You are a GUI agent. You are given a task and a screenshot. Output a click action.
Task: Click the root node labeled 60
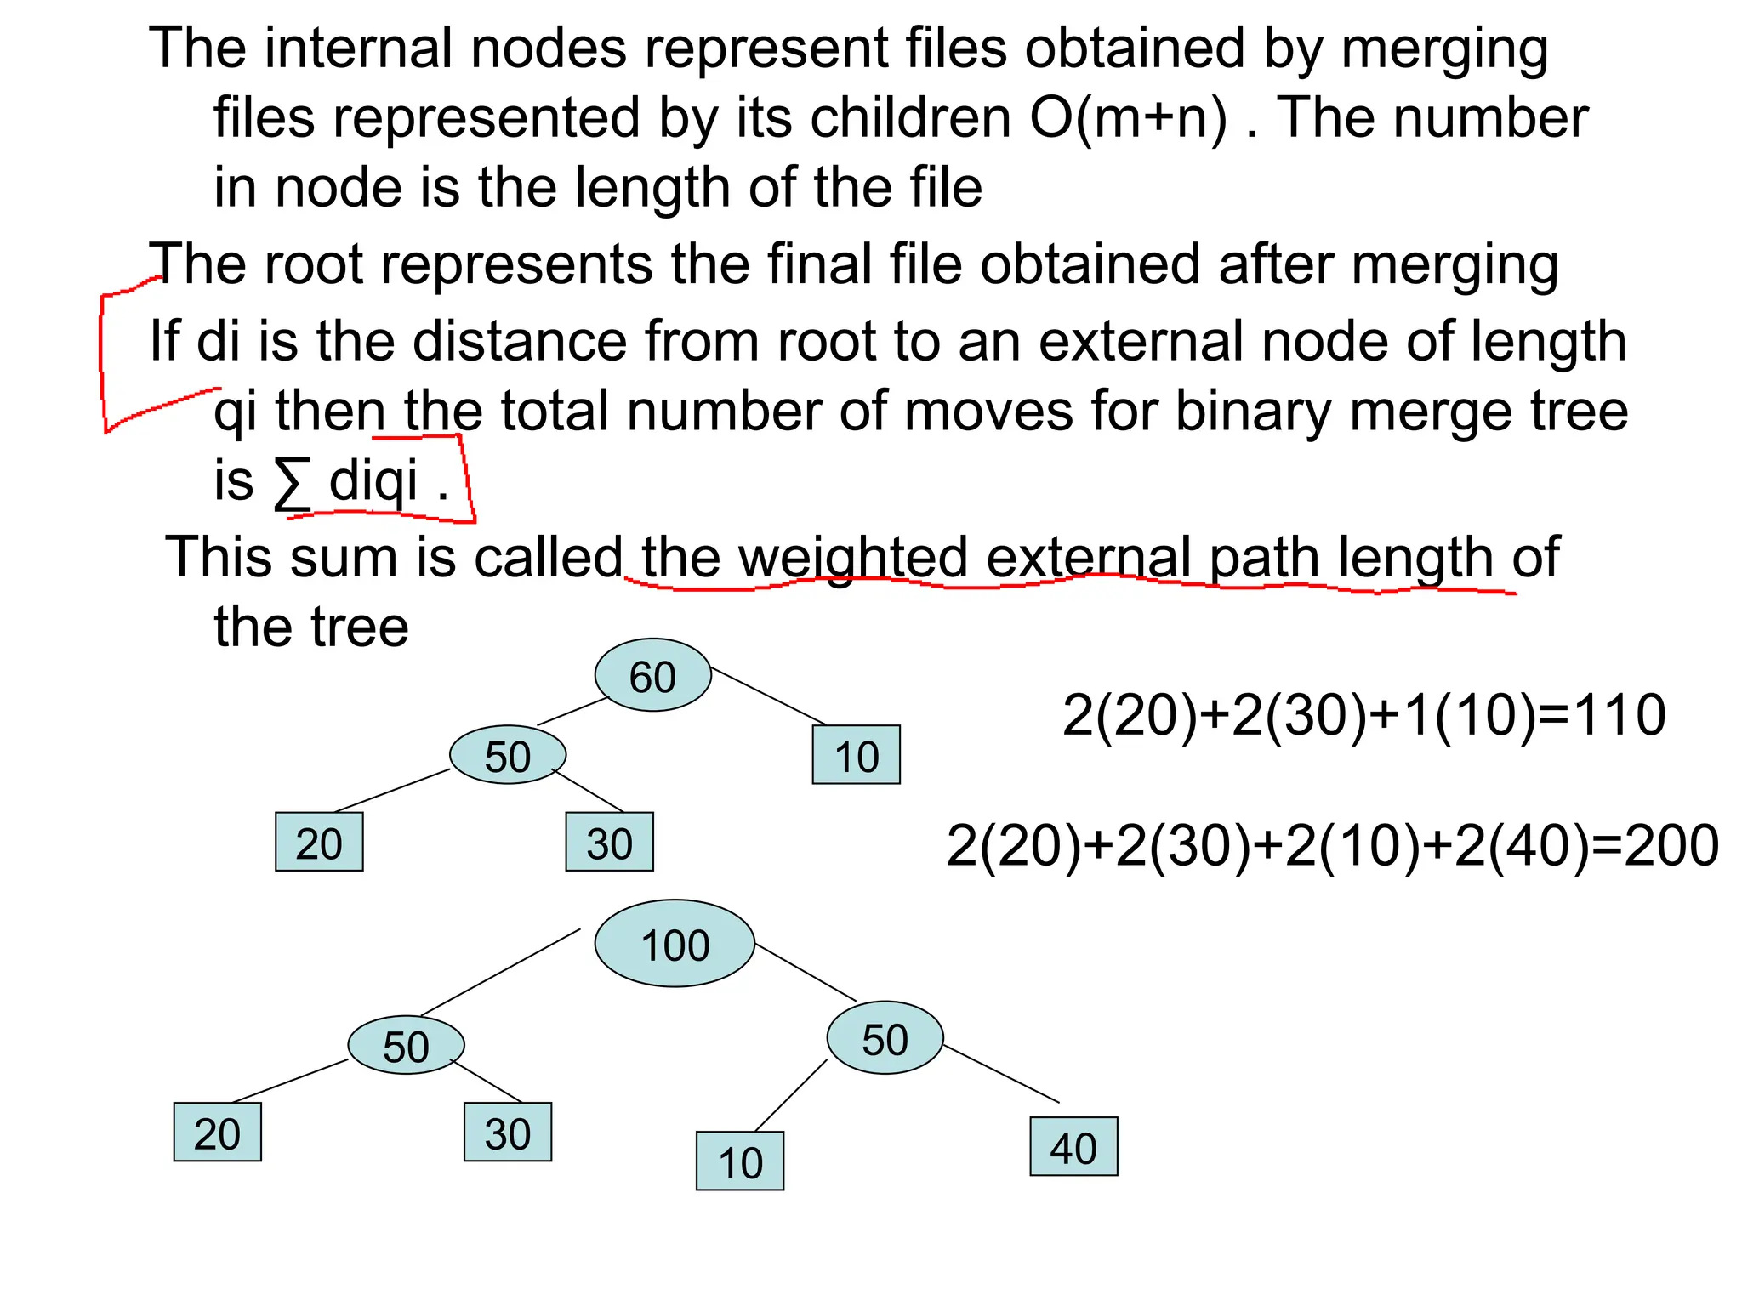point(652,675)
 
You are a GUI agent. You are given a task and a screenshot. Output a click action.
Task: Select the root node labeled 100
point(675,944)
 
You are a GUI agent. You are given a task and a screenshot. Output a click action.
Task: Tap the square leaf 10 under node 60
point(856,755)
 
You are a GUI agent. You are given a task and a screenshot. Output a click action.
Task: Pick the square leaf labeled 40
point(1073,1147)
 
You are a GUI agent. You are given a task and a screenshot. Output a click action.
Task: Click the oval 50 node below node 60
point(508,755)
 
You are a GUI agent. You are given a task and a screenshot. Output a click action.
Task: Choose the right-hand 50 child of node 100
point(885,1038)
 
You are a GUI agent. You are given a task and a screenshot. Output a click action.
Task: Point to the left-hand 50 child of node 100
point(406,1045)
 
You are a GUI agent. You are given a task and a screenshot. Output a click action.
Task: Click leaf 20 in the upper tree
point(319,842)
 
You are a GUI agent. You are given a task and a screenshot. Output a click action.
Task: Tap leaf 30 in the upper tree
point(609,842)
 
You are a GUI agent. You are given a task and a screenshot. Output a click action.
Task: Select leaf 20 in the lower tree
point(217,1133)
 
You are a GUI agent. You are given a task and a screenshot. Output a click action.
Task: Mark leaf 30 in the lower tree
point(508,1133)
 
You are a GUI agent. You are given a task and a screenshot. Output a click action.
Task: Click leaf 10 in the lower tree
point(740,1161)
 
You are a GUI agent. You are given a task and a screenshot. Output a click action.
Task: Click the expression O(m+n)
point(1128,117)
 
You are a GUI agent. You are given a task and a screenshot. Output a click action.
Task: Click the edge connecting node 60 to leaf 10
point(769,696)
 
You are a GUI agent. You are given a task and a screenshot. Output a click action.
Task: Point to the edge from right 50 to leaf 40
point(1001,1074)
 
